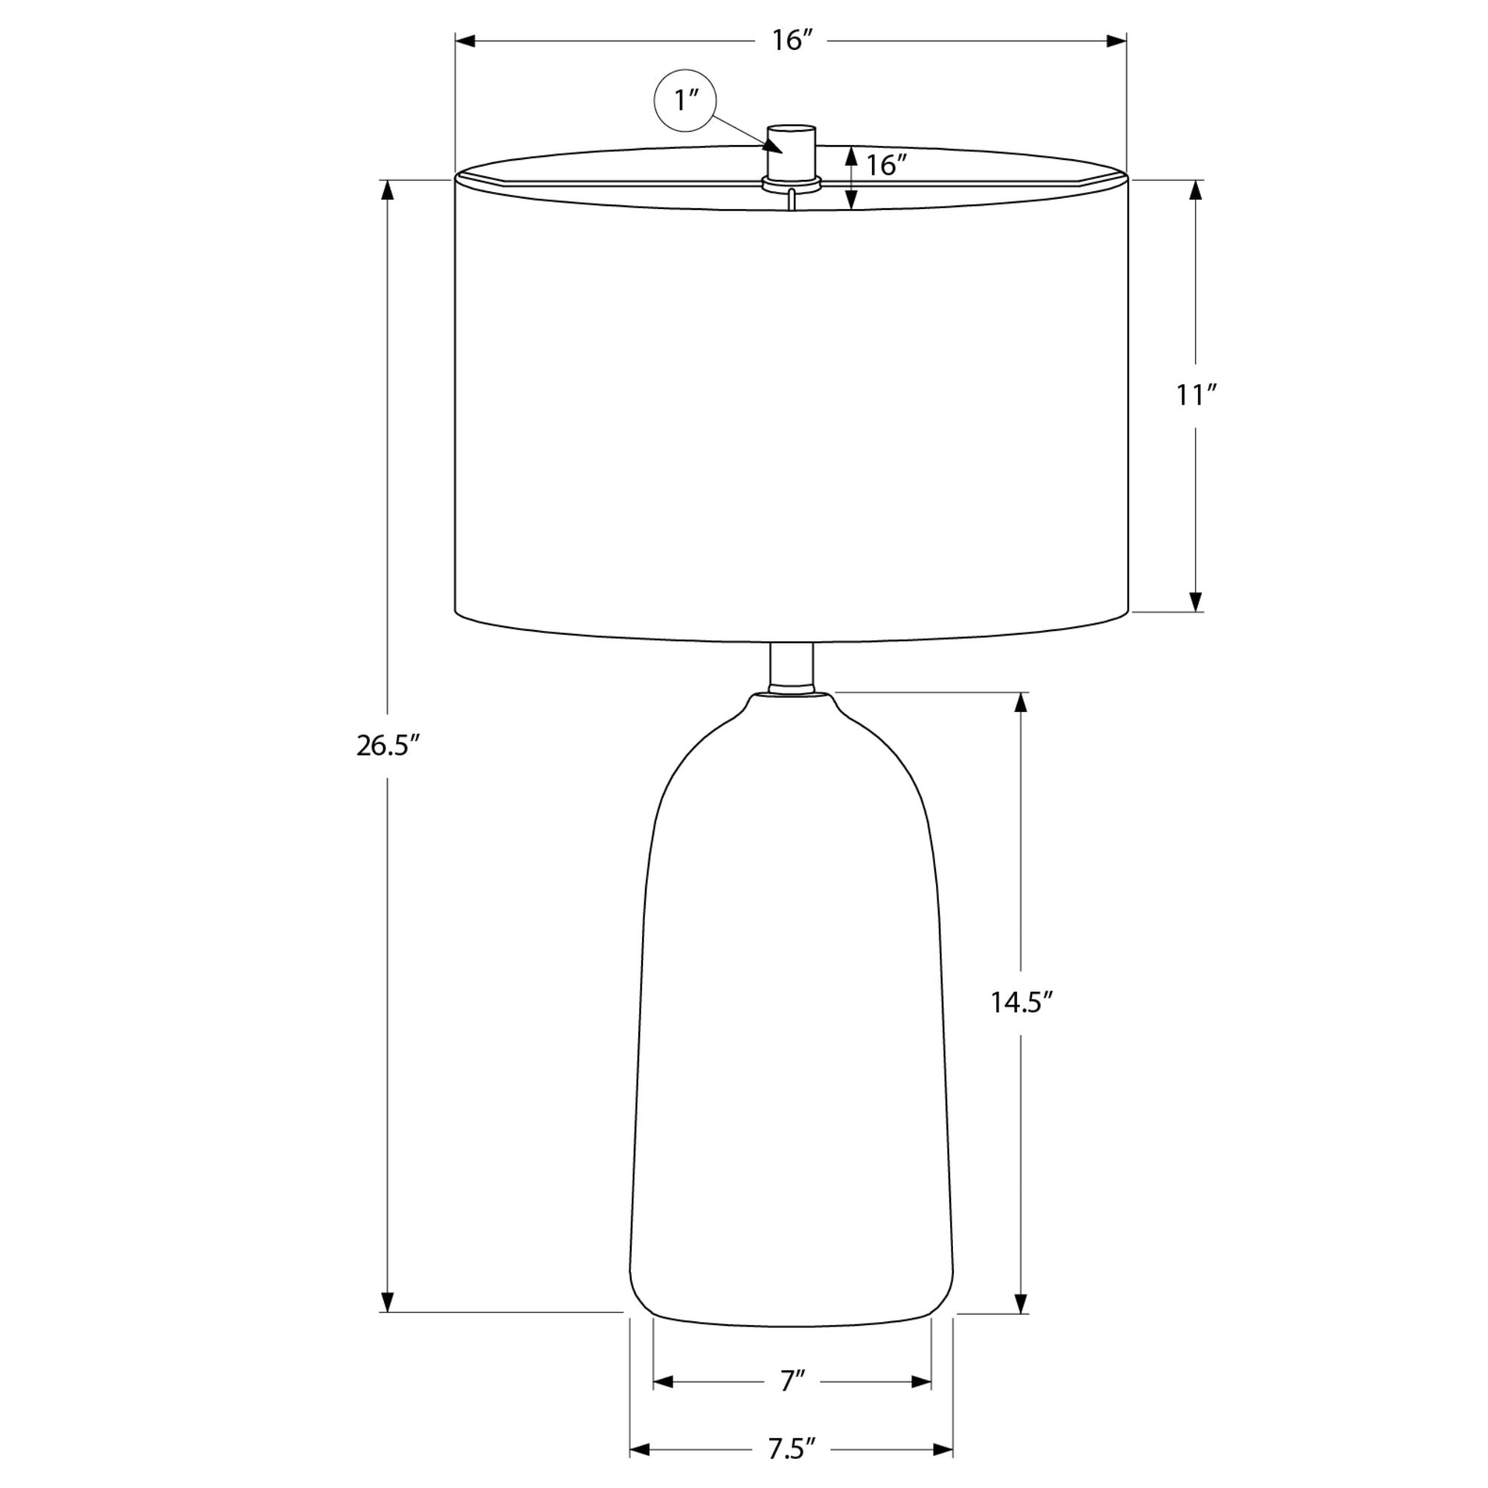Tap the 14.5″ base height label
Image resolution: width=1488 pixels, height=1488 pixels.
(1022, 1002)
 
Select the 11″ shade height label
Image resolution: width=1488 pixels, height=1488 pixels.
(1196, 395)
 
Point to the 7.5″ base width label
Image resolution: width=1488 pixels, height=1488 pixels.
(791, 1450)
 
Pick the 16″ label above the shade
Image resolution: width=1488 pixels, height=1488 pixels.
(793, 41)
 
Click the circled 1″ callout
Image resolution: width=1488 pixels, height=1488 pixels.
(685, 101)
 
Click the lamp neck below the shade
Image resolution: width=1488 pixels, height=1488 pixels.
(792, 667)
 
